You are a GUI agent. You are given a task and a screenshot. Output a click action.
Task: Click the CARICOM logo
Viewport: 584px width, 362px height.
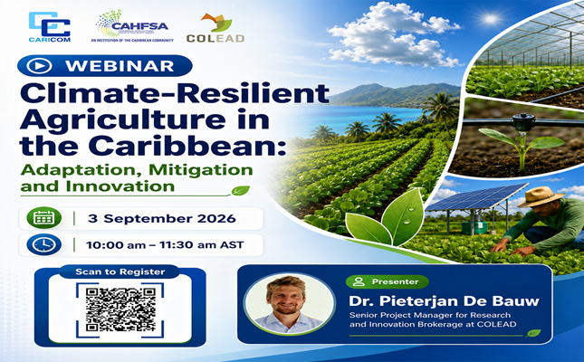coord(50,27)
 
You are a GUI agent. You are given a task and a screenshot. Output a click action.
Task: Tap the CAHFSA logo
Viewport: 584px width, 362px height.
coord(132,25)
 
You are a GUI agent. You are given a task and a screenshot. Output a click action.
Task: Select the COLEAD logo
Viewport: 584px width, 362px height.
coord(215,28)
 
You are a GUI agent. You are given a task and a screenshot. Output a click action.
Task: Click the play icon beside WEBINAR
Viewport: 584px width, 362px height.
coord(39,66)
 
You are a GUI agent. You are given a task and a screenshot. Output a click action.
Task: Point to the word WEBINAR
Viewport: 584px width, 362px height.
coord(120,66)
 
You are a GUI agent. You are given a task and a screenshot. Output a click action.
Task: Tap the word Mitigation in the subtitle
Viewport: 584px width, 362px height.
coord(201,170)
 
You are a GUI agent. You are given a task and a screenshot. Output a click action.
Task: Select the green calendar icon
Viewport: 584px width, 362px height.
coord(44,218)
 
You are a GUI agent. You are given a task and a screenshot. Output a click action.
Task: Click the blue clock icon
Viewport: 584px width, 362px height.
coord(44,244)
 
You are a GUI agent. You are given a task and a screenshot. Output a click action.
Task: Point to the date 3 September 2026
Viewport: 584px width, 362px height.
coord(162,218)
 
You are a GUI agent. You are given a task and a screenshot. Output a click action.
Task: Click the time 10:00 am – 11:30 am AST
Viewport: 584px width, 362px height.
coord(165,245)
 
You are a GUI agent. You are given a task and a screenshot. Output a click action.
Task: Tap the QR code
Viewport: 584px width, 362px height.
coord(120,310)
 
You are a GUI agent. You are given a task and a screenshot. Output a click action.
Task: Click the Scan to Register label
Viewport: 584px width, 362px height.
coord(120,271)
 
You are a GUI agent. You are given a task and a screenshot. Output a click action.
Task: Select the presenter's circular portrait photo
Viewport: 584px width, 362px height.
coord(289,304)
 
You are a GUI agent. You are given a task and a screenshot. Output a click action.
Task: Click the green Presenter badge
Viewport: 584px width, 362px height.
coord(388,281)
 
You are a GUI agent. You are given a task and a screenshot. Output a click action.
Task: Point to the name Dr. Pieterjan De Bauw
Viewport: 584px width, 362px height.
coord(444,301)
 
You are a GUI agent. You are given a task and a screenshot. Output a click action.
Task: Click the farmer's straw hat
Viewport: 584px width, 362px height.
coord(541,196)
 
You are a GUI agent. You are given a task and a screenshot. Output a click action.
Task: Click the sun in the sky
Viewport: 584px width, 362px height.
coord(490,19)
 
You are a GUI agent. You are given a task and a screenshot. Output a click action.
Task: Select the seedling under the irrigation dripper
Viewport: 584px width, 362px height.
coord(521,147)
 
